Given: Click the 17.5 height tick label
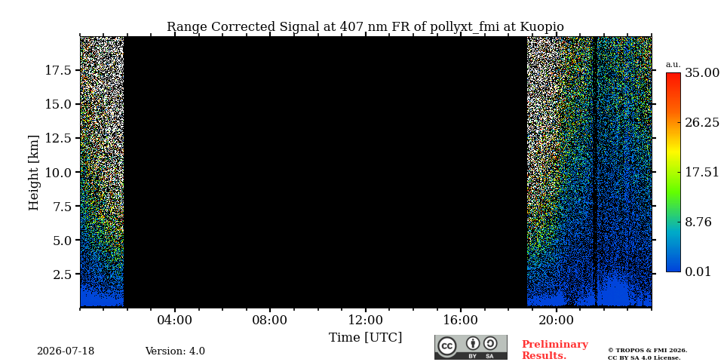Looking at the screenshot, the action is point(58,70).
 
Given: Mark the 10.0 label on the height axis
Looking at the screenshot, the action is point(58,172).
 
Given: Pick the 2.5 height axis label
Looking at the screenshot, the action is point(62,275).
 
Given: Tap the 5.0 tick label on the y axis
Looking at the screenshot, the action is point(62,240).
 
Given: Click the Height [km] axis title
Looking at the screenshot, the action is point(34,173).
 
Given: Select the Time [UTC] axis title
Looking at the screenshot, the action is point(365,338).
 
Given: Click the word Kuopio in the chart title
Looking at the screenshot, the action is point(542,27).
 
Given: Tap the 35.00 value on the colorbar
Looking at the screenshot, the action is point(702,73).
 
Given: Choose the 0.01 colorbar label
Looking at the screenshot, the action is point(698,271).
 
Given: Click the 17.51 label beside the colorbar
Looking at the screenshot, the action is point(702,172).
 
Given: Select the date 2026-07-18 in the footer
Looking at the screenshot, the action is point(66,351).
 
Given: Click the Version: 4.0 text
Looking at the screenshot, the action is point(175,351).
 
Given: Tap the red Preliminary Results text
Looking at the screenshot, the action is point(555,350).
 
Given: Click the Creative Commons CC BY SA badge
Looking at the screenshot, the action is point(471,347).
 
